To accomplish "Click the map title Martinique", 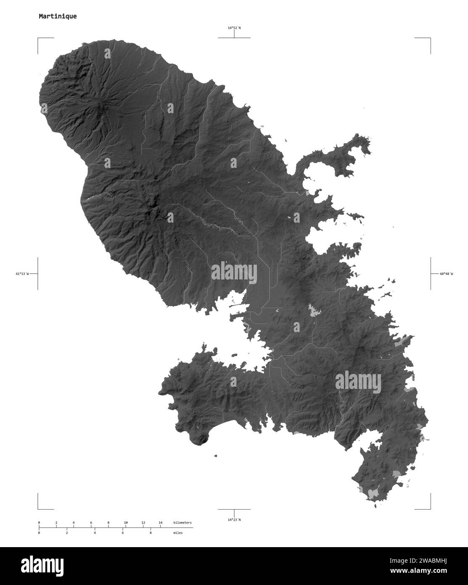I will (58, 17).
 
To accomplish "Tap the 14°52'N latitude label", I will (234, 28).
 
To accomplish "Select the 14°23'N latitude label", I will (234, 520).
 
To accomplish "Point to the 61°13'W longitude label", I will (23, 274).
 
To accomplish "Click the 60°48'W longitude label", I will (447, 274).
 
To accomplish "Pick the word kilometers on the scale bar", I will (182, 523).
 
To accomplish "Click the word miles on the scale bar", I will (178, 533).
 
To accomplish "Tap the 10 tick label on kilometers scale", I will (126, 523).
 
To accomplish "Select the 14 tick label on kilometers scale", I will (160, 523).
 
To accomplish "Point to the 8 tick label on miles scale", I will (150, 533).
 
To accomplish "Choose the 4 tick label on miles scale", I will (95, 533).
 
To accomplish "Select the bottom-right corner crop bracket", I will (429, 508).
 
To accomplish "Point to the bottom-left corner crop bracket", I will (39, 508).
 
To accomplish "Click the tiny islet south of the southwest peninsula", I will (215, 455).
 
